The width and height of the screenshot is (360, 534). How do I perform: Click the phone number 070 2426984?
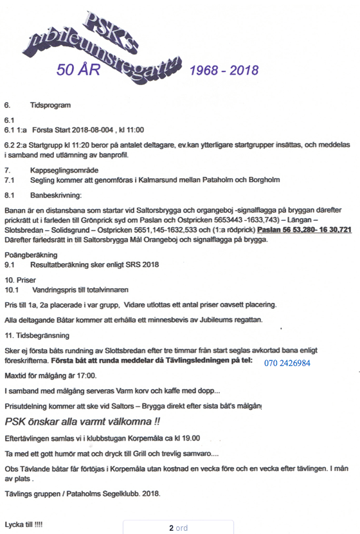[x=287, y=364]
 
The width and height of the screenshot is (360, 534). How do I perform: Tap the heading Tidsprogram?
[x=50, y=104]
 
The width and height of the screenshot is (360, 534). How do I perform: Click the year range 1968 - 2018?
[x=224, y=69]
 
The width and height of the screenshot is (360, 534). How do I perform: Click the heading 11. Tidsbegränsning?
[x=37, y=336]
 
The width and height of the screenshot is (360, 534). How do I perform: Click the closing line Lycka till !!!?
[x=23, y=524]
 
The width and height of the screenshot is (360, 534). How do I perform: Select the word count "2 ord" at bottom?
[x=178, y=528]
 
